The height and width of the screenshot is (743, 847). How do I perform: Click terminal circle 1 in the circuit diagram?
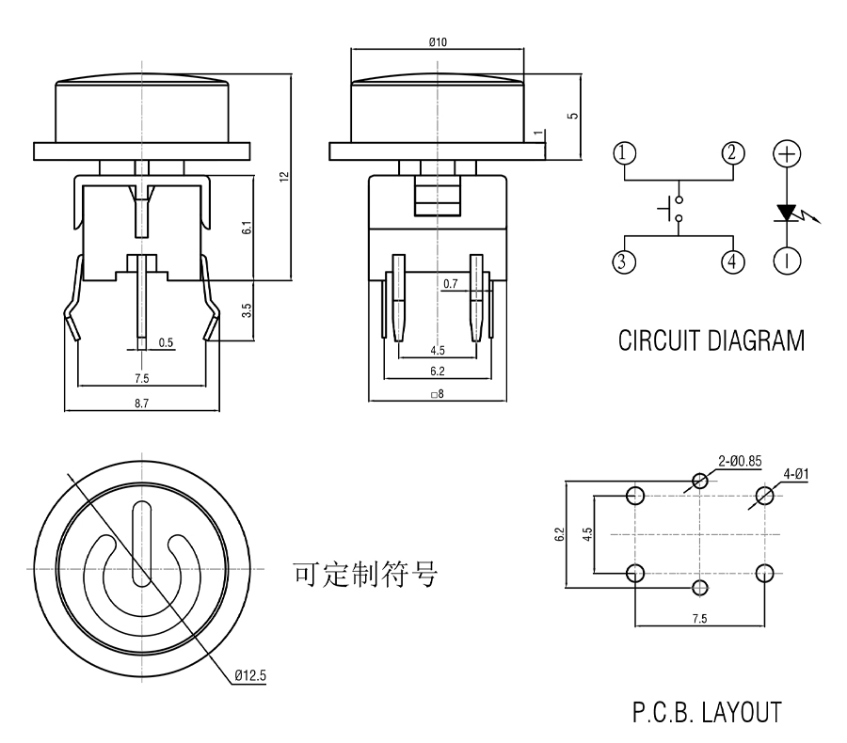pyautogui.click(x=624, y=152)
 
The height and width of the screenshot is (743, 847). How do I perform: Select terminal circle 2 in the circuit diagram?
pyautogui.click(x=733, y=152)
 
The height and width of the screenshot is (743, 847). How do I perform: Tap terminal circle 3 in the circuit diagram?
pyautogui.click(x=624, y=261)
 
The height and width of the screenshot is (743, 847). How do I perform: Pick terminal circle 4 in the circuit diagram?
pyautogui.click(x=733, y=261)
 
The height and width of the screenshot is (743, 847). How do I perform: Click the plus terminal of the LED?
pyautogui.click(x=787, y=152)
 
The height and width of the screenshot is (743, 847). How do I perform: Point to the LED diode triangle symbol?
pyautogui.click(x=788, y=213)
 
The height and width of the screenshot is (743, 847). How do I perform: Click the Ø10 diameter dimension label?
pyautogui.click(x=437, y=41)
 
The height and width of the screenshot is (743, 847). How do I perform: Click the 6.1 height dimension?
pyautogui.click(x=246, y=228)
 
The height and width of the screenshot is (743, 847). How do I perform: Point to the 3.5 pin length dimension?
pyautogui.click(x=247, y=309)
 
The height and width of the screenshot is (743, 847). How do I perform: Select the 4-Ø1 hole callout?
pyautogui.click(x=792, y=475)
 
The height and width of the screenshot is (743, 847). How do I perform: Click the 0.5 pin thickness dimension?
pyautogui.click(x=166, y=342)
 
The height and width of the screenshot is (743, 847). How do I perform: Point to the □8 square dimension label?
pyautogui.click(x=436, y=394)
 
